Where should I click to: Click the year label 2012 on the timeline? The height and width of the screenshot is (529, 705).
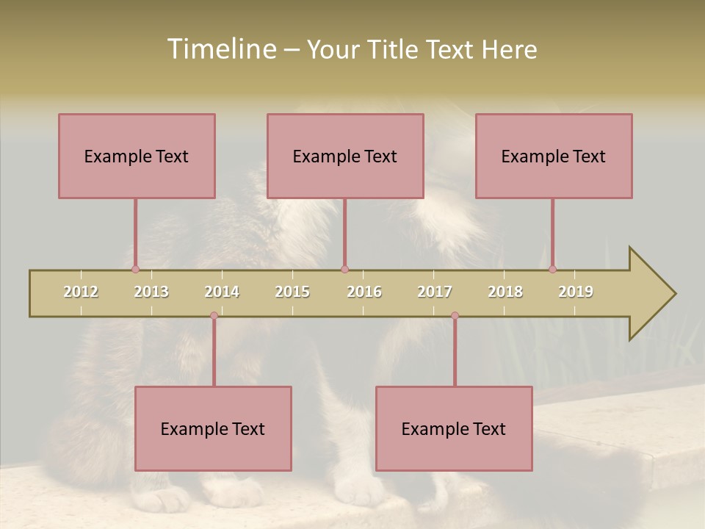(x=81, y=292)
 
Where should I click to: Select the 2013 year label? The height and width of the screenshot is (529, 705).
(x=151, y=292)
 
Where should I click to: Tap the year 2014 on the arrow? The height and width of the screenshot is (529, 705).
(x=222, y=292)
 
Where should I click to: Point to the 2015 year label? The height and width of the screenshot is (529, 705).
(x=292, y=292)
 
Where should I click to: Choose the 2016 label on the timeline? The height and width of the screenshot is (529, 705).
(x=364, y=292)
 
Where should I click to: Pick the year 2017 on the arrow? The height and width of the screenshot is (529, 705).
(x=435, y=292)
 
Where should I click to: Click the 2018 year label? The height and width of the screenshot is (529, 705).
(x=505, y=292)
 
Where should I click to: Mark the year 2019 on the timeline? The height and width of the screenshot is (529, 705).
(x=576, y=292)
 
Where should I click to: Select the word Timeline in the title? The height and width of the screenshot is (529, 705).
(x=220, y=49)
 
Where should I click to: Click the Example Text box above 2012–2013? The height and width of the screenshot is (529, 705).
(x=137, y=156)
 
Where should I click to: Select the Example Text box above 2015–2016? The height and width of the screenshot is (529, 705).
(x=345, y=156)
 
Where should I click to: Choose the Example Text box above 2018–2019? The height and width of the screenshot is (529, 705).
(x=554, y=156)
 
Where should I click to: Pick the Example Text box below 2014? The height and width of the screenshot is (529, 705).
(x=213, y=428)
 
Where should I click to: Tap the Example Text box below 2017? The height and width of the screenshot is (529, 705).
(x=454, y=428)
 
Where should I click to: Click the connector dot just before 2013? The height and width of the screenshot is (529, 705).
(x=135, y=270)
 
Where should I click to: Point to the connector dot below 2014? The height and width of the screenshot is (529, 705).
(x=214, y=316)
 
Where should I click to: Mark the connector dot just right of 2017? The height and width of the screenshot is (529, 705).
(x=455, y=316)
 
